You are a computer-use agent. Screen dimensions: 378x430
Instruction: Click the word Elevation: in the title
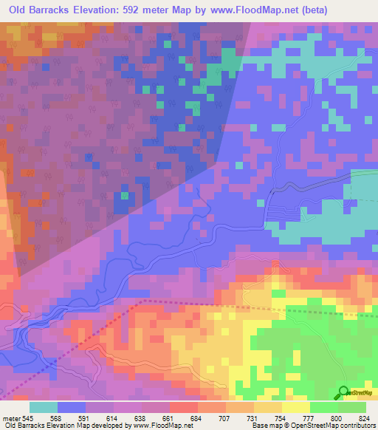coord(117,10)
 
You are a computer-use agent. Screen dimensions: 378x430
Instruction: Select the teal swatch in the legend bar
coord(44,408)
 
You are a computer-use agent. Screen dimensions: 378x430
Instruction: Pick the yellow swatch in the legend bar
coord(295,408)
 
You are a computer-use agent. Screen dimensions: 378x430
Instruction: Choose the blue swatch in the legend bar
coord(72,408)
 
